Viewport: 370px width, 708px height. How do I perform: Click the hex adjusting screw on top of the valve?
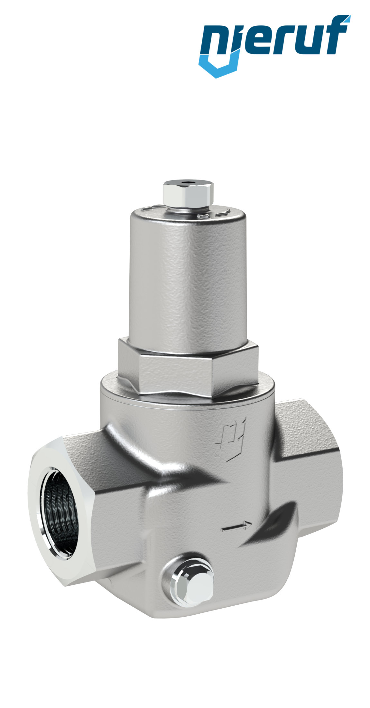coord(188,193)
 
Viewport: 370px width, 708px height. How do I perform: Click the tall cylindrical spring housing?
coord(188,274)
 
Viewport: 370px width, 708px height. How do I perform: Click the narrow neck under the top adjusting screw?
coord(188,209)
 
